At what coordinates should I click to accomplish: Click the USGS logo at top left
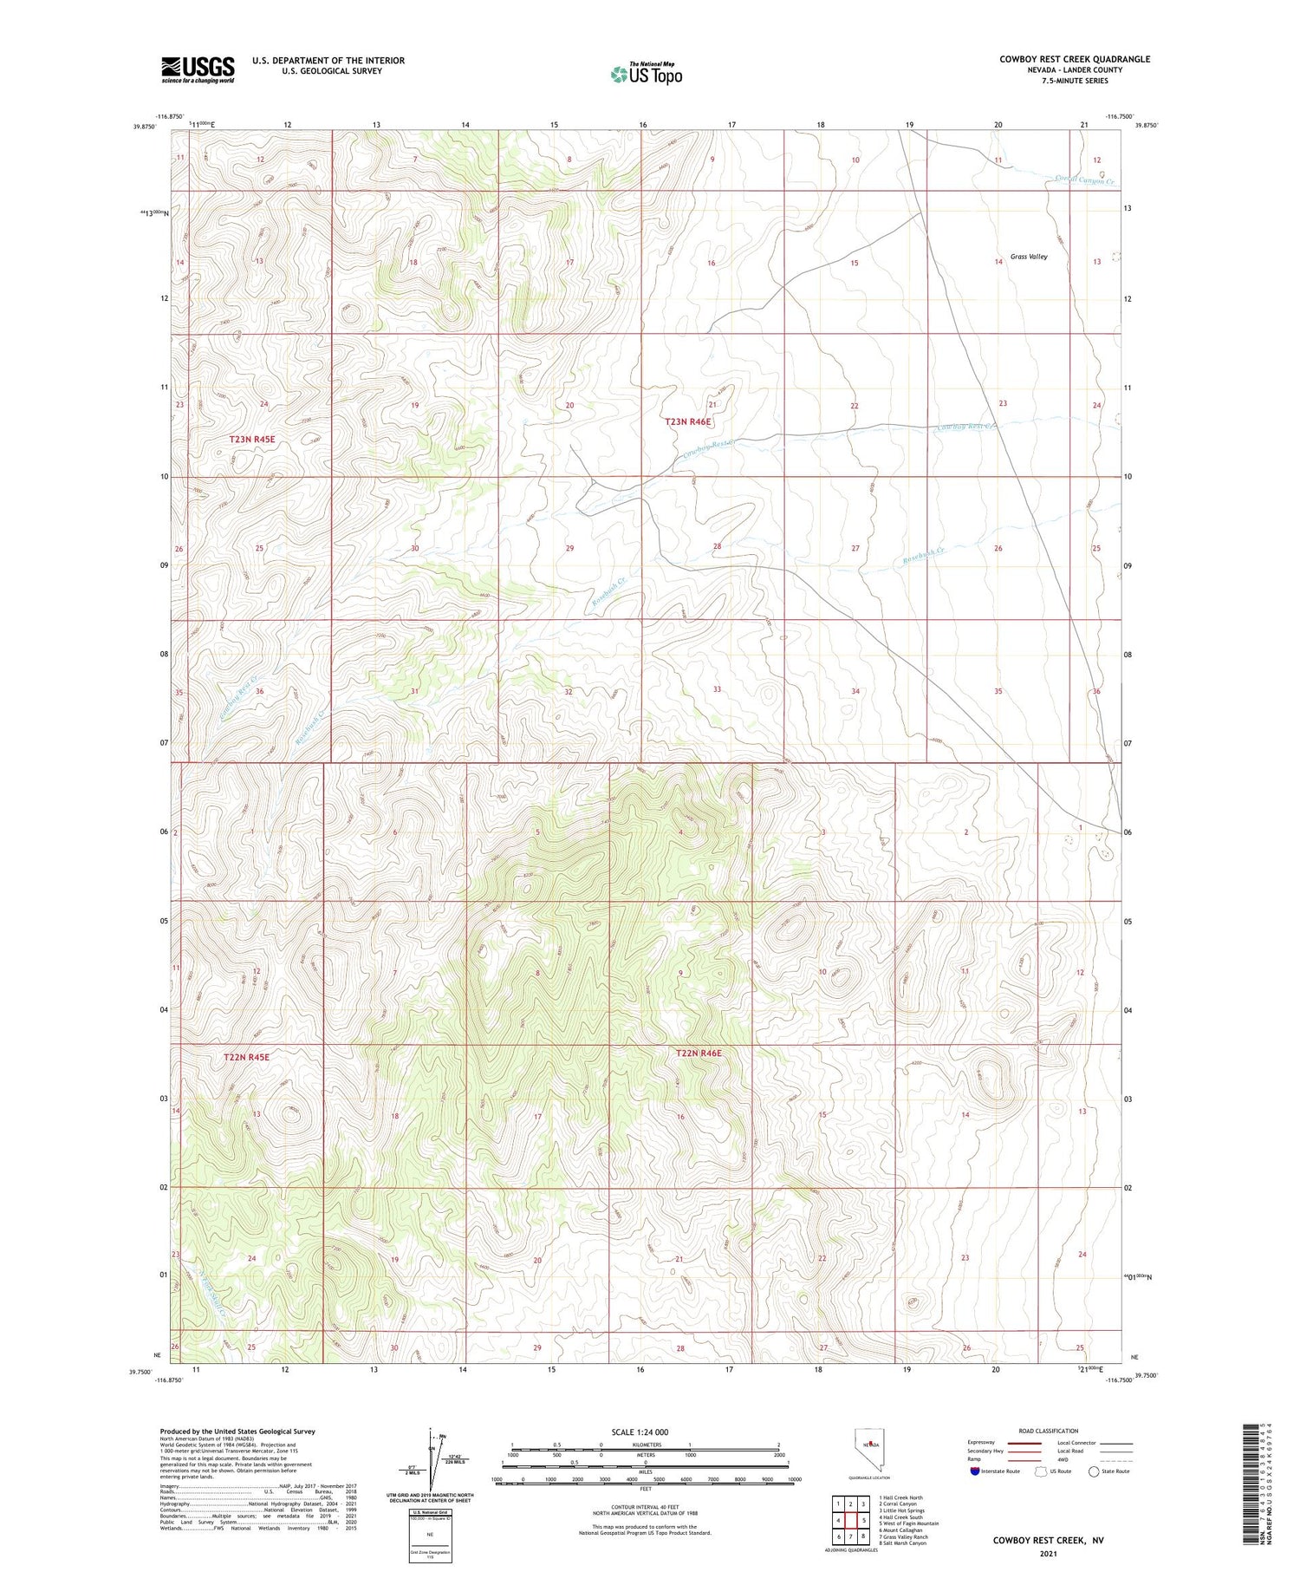[x=198, y=69]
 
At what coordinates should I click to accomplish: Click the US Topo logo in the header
[x=646, y=75]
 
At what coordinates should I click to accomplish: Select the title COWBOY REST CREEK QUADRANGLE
[x=1074, y=59]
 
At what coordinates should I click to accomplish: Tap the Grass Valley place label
[x=1029, y=257]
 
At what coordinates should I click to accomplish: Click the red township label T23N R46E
[x=687, y=422]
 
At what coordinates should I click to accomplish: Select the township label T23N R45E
[x=252, y=440]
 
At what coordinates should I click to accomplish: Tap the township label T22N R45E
[x=246, y=1057]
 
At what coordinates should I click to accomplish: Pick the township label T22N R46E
[x=698, y=1053]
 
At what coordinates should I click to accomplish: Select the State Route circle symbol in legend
[x=1095, y=1471]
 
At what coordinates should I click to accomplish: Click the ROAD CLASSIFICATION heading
[x=1047, y=1431]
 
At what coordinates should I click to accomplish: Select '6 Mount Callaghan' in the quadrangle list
[x=900, y=1530]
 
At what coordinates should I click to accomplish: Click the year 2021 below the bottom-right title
[x=1047, y=1553]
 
